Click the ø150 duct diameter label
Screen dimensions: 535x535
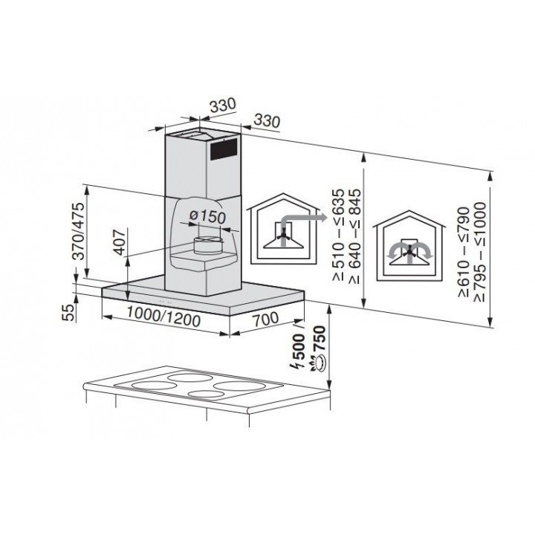tap(208, 216)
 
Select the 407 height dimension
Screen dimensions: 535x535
tap(120, 242)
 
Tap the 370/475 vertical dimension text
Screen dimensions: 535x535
tap(79, 231)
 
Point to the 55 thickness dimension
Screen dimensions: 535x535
tap(69, 312)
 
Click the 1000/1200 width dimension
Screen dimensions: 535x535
tap(163, 317)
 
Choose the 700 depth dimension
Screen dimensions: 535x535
tap(265, 318)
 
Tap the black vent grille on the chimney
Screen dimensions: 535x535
tap(224, 149)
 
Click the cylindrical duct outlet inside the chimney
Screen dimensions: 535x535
tap(209, 245)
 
